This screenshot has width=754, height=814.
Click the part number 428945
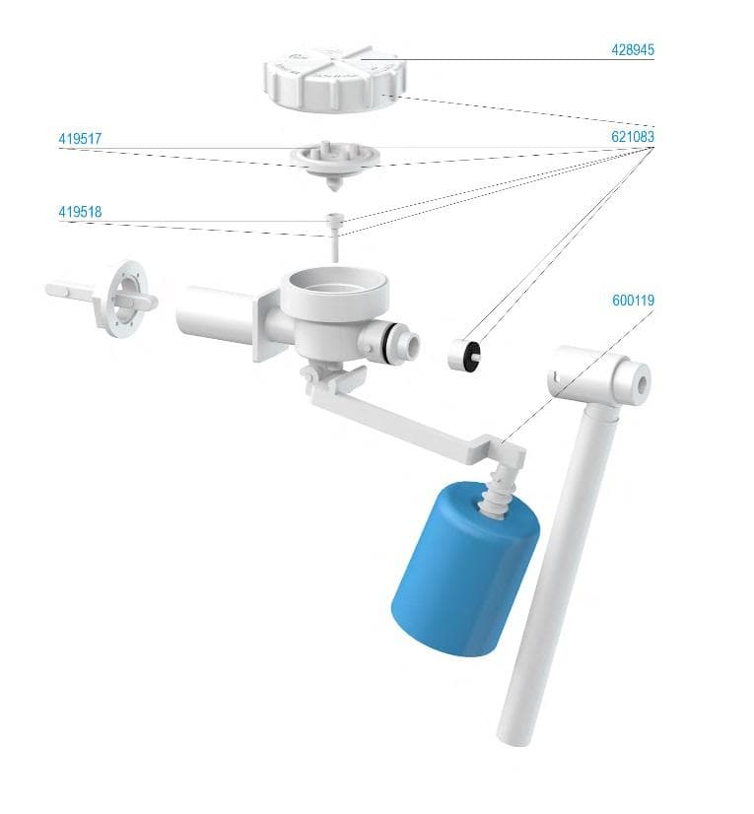tap(633, 50)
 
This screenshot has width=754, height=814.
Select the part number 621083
tap(633, 137)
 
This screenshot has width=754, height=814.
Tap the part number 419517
tap(80, 139)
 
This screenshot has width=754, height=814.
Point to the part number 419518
tap(80, 212)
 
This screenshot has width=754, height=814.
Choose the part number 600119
tap(633, 300)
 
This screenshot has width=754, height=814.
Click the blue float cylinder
tap(465, 570)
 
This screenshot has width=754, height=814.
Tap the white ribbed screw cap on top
tap(335, 78)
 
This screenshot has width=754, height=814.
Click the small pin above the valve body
tap(335, 237)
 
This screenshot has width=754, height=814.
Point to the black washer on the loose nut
tap(473, 354)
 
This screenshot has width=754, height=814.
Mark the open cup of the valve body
tap(334, 287)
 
